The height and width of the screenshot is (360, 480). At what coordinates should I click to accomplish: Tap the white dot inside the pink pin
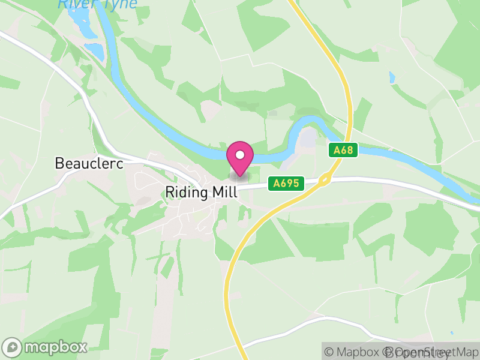click(x=240, y=155)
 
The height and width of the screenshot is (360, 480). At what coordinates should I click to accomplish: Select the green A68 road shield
click(x=343, y=150)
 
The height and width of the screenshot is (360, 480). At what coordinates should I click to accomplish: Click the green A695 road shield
click(x=286, y=184)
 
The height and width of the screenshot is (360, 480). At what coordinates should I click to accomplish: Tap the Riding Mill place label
click(x=201, y=193)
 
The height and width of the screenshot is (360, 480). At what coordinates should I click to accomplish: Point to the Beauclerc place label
click(x=89, y=163)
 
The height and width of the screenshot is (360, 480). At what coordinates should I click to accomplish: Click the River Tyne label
click(x=97, y=4)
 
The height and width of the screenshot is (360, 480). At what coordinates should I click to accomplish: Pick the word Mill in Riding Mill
click(x=224, y=193)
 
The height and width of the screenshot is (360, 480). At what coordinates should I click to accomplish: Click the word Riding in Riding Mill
click(x=185, y=193)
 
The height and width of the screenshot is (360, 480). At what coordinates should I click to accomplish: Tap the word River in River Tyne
click(x=76, y=4)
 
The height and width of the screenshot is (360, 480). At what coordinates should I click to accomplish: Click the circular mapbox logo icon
click(x=13, y=347)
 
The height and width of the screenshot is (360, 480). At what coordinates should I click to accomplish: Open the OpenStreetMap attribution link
click(x=435, y=352)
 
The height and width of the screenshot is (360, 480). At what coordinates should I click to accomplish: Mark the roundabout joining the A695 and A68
click(x=325, y=179)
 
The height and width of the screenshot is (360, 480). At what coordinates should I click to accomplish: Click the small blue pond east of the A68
click(x=392, y=77)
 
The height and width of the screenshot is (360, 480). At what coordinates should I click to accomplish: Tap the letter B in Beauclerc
click(x=59, y=163)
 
